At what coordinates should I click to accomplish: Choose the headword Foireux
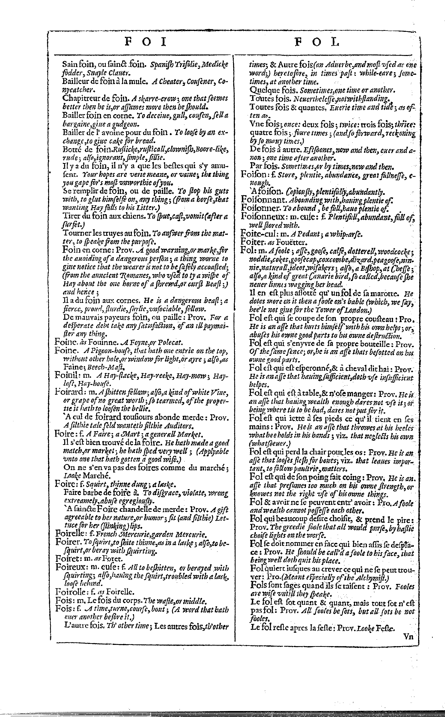(x=68, y=567)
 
